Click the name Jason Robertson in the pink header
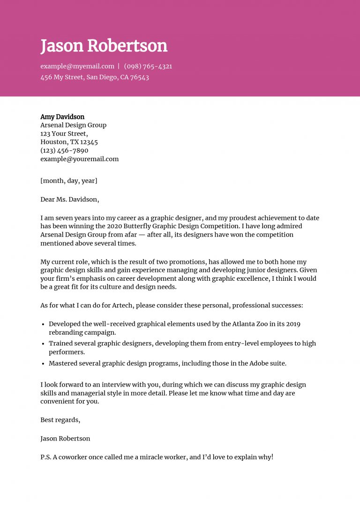[104, 46]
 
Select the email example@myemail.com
[77, 67]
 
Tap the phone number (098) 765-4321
[148, 67]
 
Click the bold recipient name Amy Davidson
[62, 117]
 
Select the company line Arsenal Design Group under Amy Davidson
[73, 125]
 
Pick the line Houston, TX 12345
[69, 142]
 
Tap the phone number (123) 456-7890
[64, 150]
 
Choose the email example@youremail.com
[79, 159]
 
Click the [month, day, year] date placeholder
[69, 180]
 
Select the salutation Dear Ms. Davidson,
[70, 199]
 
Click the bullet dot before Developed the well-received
[43, 324]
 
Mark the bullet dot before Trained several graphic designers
[43, 344]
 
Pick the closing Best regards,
[60, 420]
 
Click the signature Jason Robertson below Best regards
[65, 439]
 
